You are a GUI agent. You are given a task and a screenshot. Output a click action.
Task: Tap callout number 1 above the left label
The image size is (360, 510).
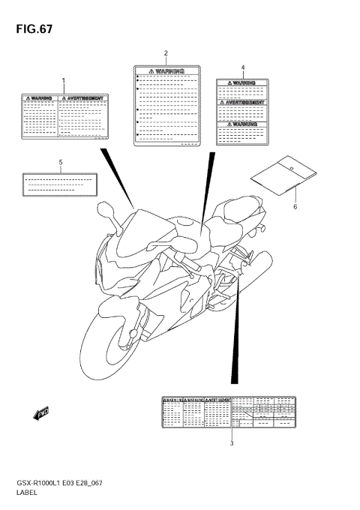[64, 80]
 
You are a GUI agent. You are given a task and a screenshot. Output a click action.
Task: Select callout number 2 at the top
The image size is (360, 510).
[166, 53]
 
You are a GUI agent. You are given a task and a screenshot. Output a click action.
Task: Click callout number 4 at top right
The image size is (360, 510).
[243, 67]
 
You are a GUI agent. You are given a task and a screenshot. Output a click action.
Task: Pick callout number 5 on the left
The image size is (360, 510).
[61, 162]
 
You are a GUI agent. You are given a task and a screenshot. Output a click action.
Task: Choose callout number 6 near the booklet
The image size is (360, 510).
[295, 206]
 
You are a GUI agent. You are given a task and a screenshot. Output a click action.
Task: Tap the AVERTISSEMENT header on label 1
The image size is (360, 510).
[84, 97]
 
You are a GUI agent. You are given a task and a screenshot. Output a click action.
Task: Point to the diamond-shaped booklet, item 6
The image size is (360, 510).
[278, 175]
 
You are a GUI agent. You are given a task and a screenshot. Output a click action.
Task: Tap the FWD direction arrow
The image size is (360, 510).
[40, 411]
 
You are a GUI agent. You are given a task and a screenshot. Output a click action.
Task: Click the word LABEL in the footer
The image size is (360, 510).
[25, 495]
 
